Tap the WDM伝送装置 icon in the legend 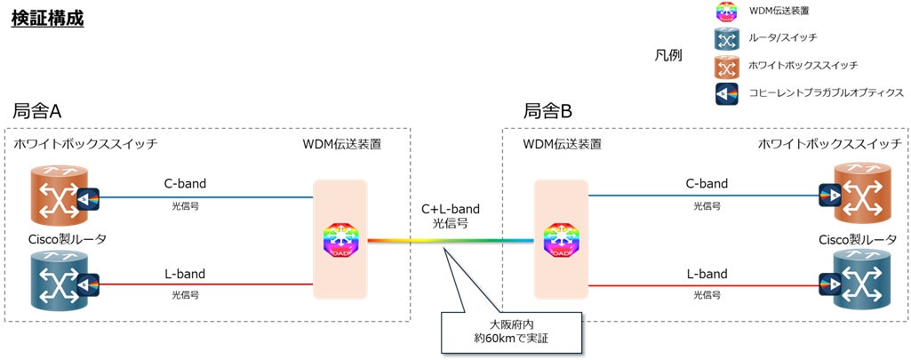tap(727, 12)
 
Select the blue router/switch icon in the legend tap(727, 38)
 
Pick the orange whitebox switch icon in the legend tap(727, 66)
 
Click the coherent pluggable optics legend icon tap(727, 92)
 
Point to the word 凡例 tap(667, 55)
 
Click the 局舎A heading tap(36, 111)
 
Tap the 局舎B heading tap(547, 111)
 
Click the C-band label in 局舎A tap(186, 184)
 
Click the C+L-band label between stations tap(449, 208)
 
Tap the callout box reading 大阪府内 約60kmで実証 tap(514, 331)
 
